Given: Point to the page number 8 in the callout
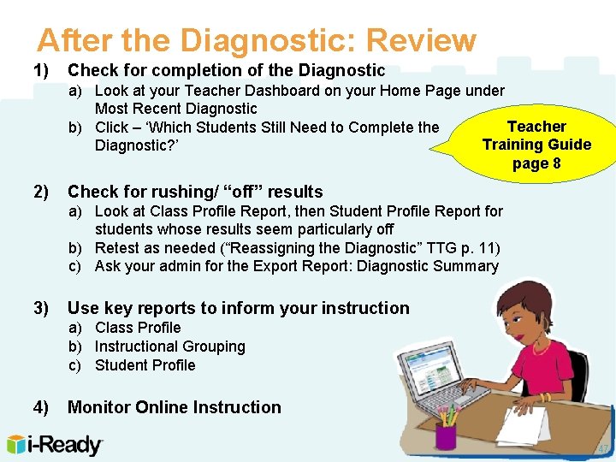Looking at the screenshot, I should (556, 163).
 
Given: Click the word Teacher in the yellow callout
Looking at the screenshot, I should (536, 127).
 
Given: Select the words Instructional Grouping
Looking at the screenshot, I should (169, 346).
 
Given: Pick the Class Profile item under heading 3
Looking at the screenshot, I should (138, 328).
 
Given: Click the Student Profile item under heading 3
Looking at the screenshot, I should (145, 365).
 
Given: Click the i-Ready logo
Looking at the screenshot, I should (55, 445).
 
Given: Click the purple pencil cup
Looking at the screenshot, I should (446, 434).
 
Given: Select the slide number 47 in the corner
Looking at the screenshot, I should (602, 449).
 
